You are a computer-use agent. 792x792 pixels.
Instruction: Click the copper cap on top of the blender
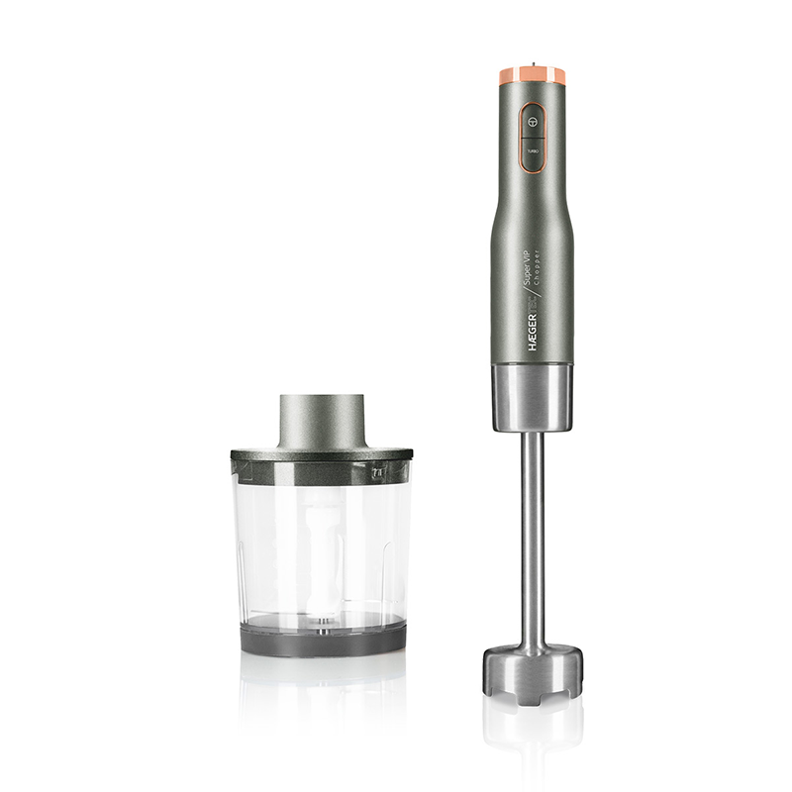[x=533, y=76]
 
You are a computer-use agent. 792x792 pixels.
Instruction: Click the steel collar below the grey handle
[x=533, y=396]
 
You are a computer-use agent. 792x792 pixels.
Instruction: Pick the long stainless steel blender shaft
[x=533, y=535]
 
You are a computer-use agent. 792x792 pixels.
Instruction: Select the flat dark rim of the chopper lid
[x=322, y=454]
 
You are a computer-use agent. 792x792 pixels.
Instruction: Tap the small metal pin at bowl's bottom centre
[x=322, y=623]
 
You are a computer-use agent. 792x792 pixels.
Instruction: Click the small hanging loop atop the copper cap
[x=533, y=66]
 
